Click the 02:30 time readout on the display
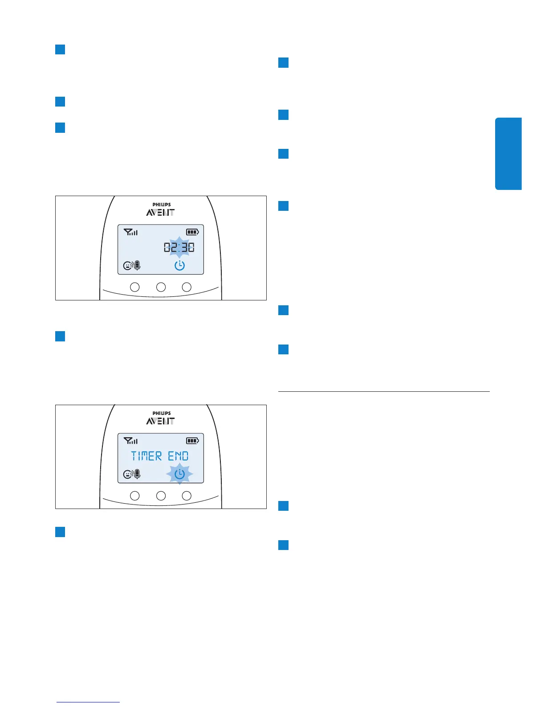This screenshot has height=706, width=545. (x=179, y=247)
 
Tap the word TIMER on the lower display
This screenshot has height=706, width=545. (x=146, y=456)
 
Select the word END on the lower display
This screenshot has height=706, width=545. (x=178, y=456)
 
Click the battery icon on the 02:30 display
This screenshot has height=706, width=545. (x=192, y=232)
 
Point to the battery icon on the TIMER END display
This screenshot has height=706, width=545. (x=192, y=441)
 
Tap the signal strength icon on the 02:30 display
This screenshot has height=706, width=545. (x=130, y=232)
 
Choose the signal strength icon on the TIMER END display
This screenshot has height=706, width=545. (x=130, y=441)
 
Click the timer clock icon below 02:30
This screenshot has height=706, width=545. (x=179, y=266)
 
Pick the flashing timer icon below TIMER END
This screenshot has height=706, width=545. (x=179, y=474)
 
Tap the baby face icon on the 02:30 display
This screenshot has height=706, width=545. (x=128, y=266)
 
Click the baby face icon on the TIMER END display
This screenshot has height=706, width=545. (x=128, y=475)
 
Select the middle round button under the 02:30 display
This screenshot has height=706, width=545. (x=161, y=287)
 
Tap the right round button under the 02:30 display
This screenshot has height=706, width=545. (x=187, y=287)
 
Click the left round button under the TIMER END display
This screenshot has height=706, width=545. (x=134, y=496)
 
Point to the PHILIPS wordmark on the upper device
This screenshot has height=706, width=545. (x=162, y=205)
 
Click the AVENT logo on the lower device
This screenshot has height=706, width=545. (x=160, y=421)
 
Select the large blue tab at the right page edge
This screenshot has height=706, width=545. (x=508, y=154)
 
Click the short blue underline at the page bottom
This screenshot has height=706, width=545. (x=88, y=702)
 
